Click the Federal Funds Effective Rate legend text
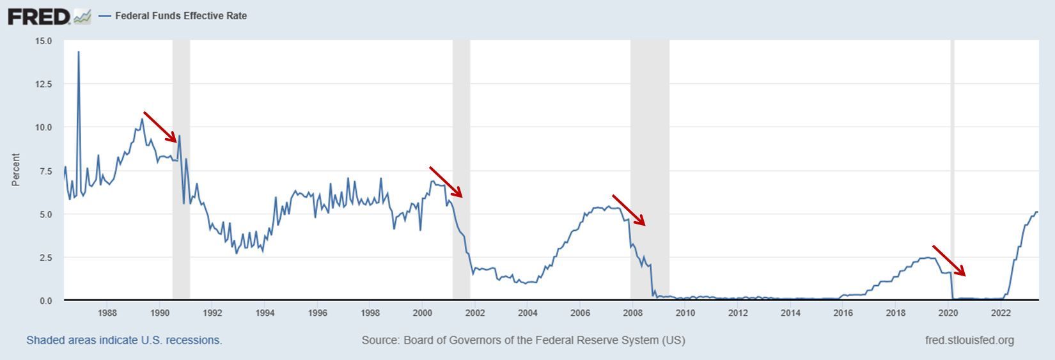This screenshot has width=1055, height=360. pos(180,16)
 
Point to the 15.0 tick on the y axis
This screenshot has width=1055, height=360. pos(45,41)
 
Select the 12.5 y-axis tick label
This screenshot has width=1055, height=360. pos(45,84)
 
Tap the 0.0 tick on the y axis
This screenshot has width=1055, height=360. pos(46,301)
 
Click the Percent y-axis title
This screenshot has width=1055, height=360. pos(16,170)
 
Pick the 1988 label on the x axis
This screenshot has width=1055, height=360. pos(107,313)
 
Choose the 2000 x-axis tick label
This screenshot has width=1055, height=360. pos(422,313)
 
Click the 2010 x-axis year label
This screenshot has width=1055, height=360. pos(685,313)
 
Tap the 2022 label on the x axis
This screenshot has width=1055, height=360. pos(1001,313)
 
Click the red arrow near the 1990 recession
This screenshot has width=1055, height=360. pos(160,127)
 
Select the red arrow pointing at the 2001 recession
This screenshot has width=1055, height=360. pos(446,182)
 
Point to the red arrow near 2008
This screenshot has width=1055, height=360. pos(629,210)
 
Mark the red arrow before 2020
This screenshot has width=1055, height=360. pos(949,261)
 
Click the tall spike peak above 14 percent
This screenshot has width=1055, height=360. pos(79,52)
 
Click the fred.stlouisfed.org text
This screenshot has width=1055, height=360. pos(969,340)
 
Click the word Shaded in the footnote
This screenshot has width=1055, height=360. pos(44,340)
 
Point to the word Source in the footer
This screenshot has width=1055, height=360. pos(379,340)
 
